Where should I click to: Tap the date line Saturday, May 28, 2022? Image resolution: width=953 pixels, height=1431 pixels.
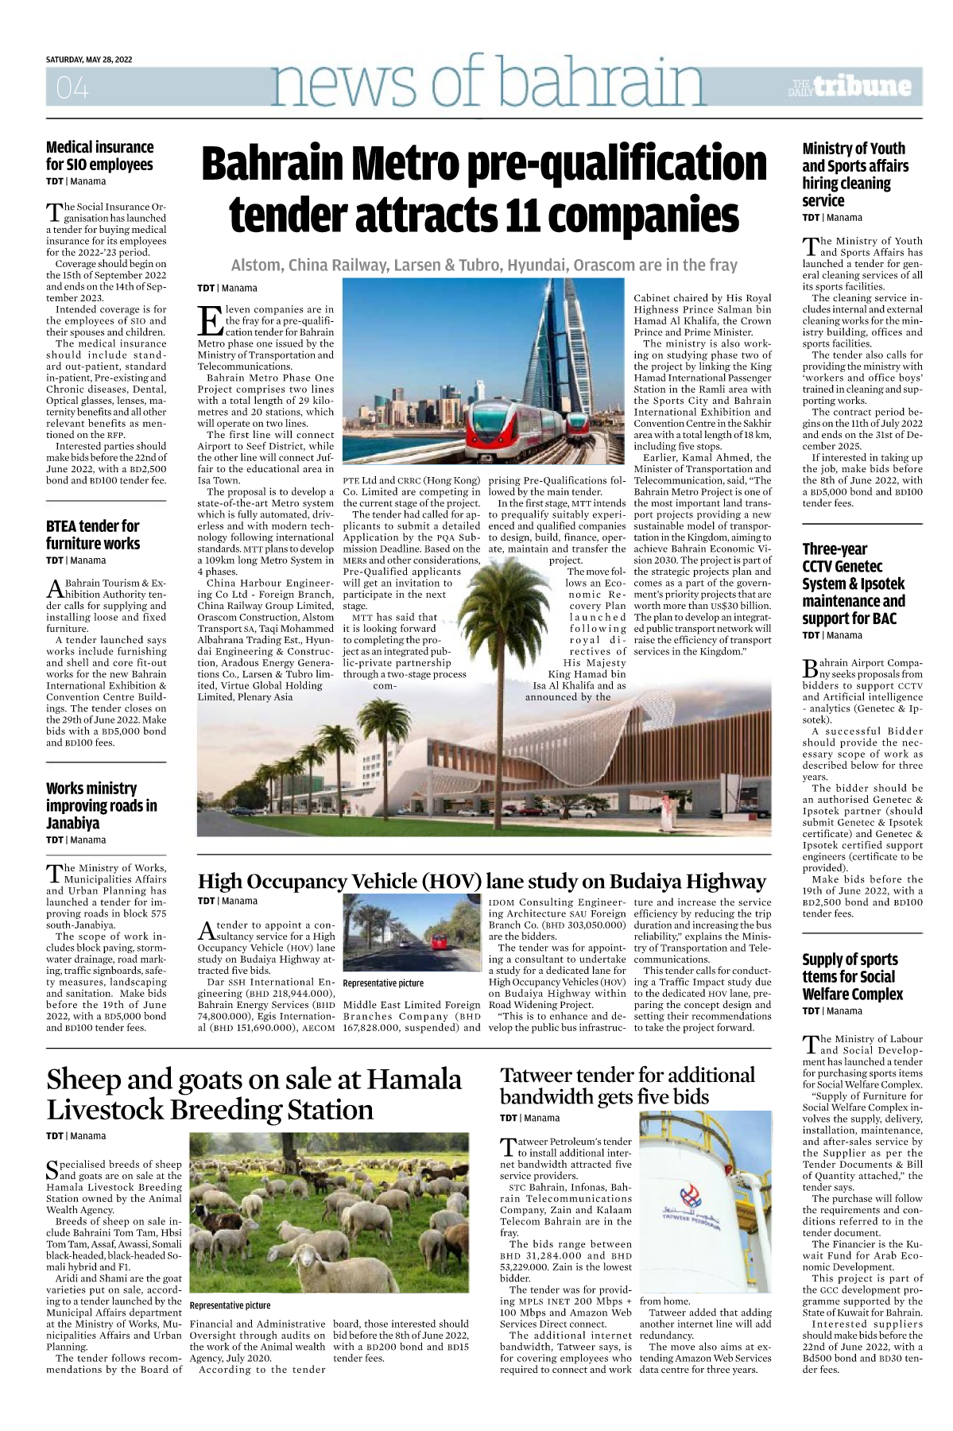point(89,60)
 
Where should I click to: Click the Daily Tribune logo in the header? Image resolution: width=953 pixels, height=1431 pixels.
point(851,87)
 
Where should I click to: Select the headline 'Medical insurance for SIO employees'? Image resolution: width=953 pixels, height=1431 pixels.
point(99,156)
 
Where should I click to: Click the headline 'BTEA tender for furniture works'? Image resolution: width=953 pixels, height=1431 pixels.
point(93,535)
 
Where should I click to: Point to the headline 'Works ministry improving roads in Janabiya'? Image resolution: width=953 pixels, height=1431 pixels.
point(101,805)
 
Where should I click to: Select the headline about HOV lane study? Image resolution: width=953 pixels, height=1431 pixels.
point(481,881)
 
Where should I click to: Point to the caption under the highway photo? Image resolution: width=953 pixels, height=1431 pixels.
point(383,983)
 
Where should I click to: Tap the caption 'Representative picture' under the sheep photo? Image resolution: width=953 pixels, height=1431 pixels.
point(230,1305)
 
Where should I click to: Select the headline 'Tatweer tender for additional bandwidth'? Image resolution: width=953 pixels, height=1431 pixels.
point(627,1086)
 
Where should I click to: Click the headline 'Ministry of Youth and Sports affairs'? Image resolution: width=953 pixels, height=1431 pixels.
point(854,174)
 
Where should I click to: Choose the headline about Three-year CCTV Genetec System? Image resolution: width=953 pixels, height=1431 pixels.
point(853,584)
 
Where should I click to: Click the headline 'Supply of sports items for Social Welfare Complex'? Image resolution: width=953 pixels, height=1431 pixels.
point(852,976)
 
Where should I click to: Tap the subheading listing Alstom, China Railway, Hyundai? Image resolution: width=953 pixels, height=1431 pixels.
point(484,265)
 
